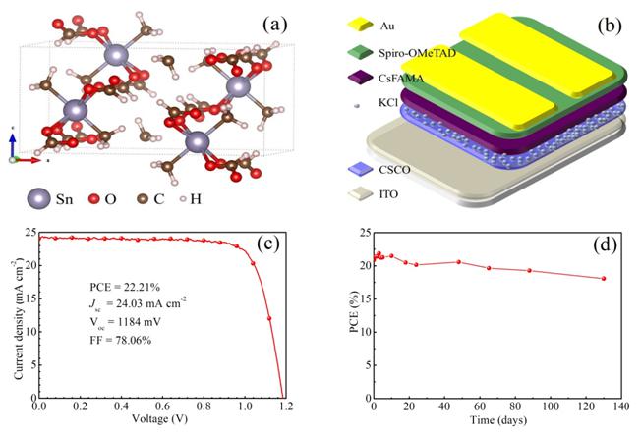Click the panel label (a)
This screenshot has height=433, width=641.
tap(269, 21)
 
